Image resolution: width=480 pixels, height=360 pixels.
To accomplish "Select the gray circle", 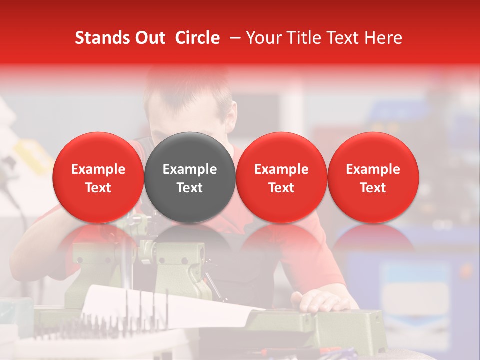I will click(189, 177).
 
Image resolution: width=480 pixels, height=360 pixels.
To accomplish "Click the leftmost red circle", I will click(98, 177).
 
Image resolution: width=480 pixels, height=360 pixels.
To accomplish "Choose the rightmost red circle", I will click(373, 177).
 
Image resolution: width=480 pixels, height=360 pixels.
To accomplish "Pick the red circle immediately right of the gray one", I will click(281, 177).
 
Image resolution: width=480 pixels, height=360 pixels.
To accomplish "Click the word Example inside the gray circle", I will click(189, 169).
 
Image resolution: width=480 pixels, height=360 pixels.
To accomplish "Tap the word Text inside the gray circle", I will click(189, 188).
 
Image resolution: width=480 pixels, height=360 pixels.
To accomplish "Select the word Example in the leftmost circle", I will click(98, 169).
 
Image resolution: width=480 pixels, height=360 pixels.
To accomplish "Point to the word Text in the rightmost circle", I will click(373, 188).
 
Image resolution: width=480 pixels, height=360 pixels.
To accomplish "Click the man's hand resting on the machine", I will click(320, 301).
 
